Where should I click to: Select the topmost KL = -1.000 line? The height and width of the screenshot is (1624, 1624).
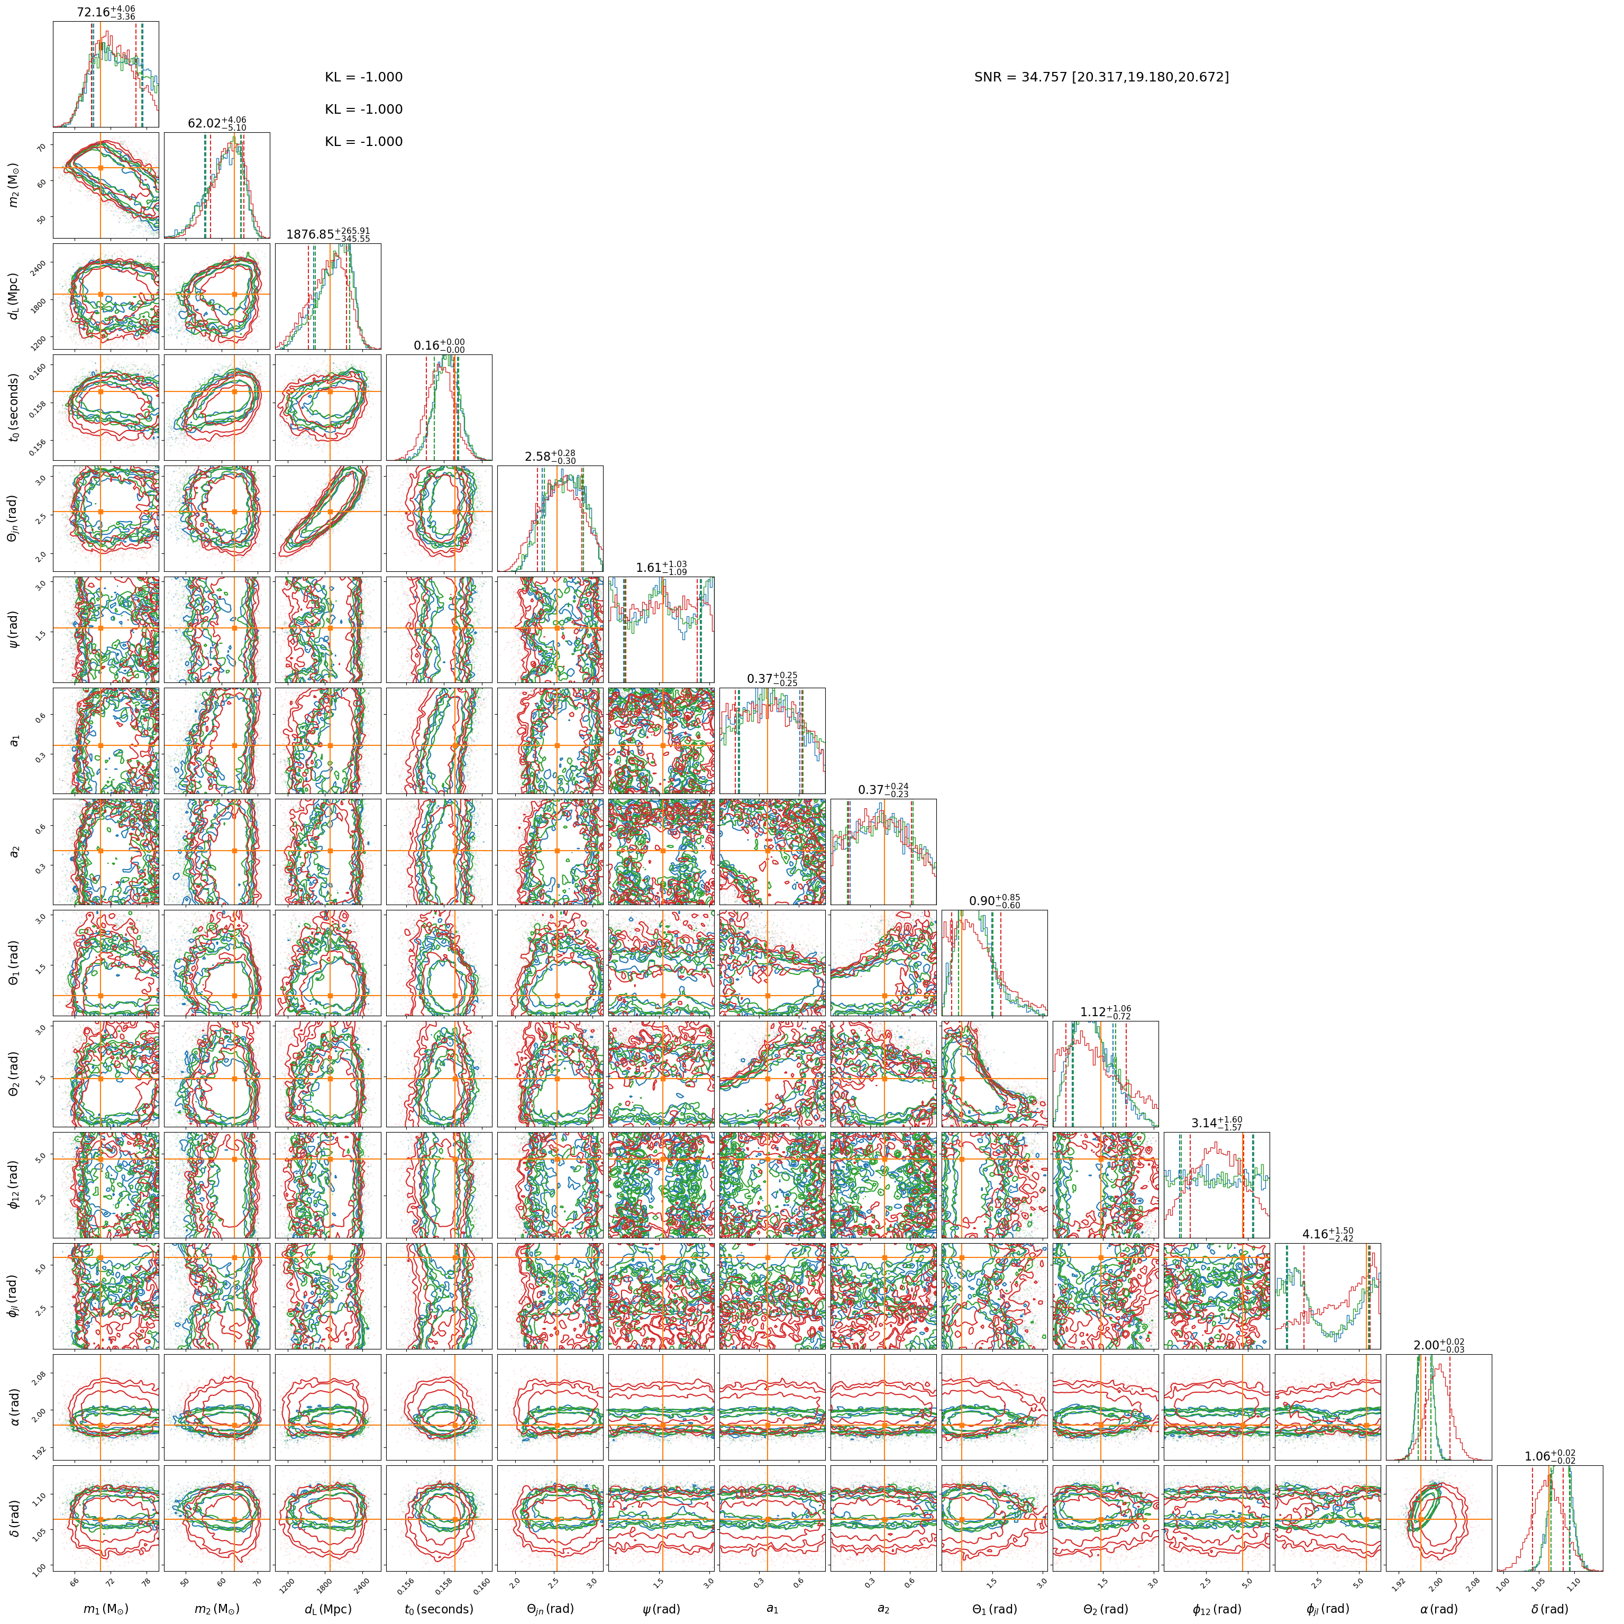point(364,77)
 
